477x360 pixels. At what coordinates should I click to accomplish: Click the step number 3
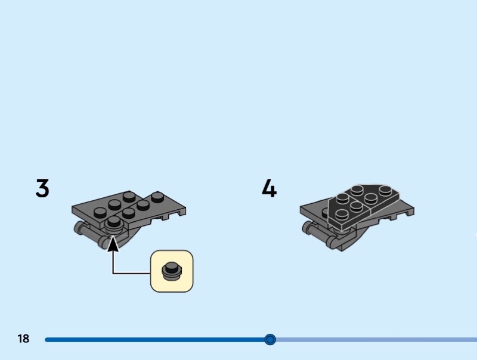(x=42, y=188)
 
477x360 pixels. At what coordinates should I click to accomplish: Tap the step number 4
(x=269, y=188)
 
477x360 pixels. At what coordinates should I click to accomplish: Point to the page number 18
(x=23, y=339)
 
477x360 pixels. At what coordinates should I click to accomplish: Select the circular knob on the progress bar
(x=270, y=340)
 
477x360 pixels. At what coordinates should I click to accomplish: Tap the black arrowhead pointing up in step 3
(x=113, y=244)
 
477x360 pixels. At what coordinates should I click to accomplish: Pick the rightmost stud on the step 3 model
(x=157, y=197)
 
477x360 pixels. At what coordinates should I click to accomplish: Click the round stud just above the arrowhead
(x=113, y=223)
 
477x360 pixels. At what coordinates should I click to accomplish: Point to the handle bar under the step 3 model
(x=89, y=234)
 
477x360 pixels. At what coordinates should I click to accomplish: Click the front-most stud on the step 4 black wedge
(x=342, y=215)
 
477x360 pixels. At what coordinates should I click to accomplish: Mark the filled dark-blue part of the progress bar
(x=155, y=340)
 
